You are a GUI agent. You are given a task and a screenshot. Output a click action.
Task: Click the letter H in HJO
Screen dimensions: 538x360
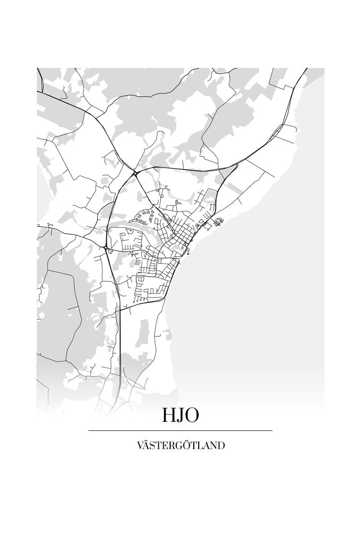pos(169,415)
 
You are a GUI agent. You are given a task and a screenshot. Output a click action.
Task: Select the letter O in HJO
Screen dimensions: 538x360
pos(192,415)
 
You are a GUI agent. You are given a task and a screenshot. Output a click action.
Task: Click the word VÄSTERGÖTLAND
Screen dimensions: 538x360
pos(180,446)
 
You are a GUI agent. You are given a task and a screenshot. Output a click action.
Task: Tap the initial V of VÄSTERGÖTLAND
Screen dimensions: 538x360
pos(140,446)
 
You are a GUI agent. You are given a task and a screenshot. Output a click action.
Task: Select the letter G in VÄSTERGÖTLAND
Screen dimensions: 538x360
pos(180,446)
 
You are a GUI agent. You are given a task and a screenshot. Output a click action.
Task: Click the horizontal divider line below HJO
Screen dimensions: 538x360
pos(180,430)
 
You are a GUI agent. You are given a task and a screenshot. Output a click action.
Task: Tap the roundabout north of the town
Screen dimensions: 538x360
pos(134,173)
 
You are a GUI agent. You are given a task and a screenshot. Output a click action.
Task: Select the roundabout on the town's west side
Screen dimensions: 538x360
pos(106,247)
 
